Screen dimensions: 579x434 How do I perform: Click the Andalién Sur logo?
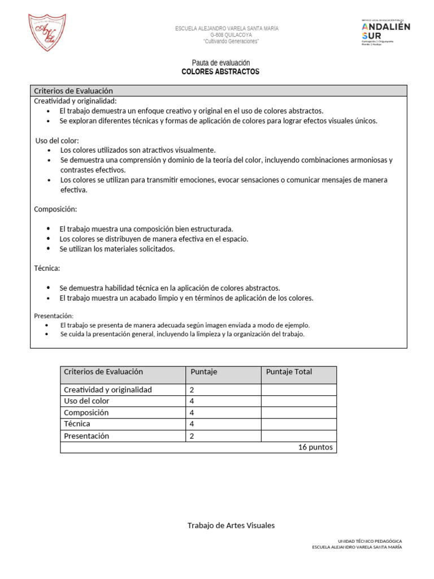[385, 32]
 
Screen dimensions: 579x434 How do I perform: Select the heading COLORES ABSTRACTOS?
[220, 72]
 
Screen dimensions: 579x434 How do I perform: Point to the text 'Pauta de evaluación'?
[221, 63]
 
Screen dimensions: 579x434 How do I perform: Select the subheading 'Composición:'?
[55, 209]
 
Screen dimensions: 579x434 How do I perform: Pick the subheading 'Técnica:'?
[47, 268]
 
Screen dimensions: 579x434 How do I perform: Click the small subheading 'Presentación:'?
[54, 316]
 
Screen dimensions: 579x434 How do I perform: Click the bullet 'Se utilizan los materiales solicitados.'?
[118, 249]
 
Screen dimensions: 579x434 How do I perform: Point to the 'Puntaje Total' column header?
[289, 371]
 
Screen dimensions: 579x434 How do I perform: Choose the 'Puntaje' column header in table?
[203, 371]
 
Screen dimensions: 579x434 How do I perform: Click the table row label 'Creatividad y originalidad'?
[108, 390]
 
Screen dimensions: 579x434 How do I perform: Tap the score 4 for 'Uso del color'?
[193, 401]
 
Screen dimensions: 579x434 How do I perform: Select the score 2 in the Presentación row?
[193, 436]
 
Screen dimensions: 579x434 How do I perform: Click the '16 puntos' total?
[315, 447]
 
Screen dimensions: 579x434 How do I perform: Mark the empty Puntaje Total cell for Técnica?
[298, 424]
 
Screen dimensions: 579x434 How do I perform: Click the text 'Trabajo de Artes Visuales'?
[231, 525]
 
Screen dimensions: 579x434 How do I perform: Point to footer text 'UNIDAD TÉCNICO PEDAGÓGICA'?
[370, 541]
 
